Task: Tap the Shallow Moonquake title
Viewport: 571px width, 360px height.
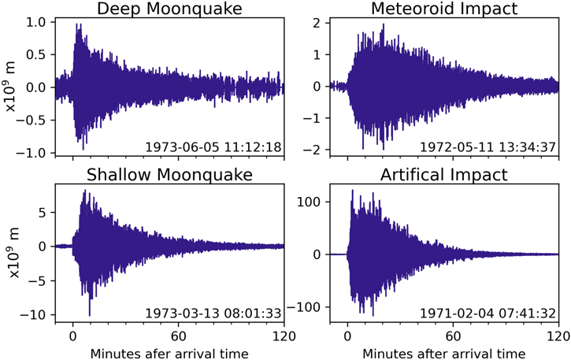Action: [169, 174]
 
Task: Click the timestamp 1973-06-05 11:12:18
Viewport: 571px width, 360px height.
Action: [213, 147]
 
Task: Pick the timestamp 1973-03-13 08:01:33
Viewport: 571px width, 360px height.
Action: [213, 313]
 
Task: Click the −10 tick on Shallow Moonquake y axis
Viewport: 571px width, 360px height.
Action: [33, 314]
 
